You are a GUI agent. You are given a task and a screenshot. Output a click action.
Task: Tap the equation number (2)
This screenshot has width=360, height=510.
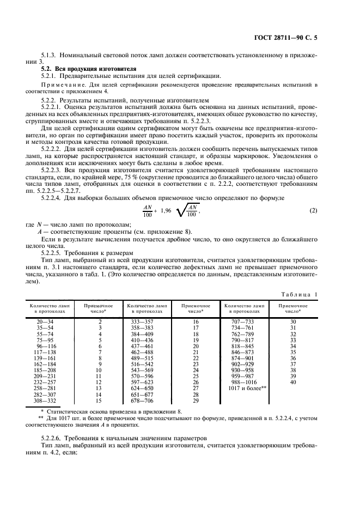coord(313,210)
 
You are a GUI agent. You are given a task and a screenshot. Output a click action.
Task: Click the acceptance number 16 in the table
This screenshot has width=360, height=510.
coord(196,322)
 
